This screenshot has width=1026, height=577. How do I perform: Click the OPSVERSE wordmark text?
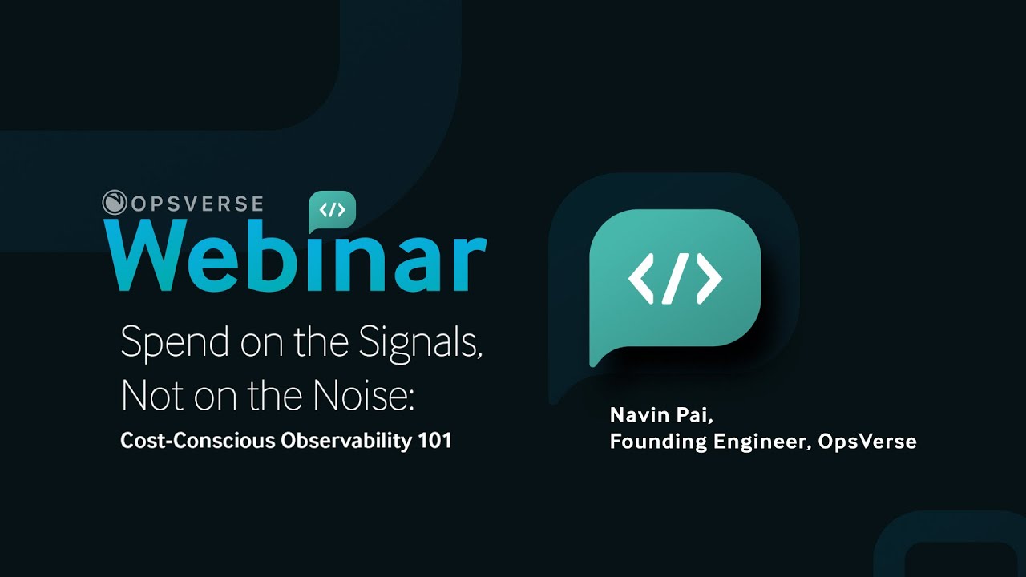click(197, 203)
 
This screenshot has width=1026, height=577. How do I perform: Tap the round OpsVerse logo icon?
click(115, 203)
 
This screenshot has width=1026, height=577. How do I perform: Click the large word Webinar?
click(296, 256)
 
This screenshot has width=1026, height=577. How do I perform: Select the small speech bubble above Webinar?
click(332, 211)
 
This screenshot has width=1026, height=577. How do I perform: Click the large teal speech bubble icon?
click(675, 280)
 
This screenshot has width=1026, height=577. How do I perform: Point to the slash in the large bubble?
click(675, 278)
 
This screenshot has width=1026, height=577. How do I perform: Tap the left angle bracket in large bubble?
click(642, 278)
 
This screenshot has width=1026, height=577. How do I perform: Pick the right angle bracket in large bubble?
click(709, 278)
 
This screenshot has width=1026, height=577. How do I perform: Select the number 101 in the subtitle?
click(435, 440)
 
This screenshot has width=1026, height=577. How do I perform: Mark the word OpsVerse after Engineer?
click(867, 442)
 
